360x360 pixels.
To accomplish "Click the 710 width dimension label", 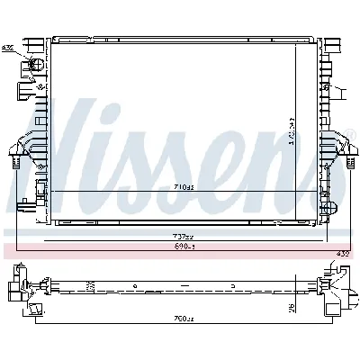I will pyautogui.click(x=183, y=187).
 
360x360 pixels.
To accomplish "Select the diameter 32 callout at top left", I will pyautogui.click(x=8, y=47).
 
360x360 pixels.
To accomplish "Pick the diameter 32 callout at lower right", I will pyautogui.click(x=342, y=254).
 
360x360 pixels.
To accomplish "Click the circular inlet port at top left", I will pyautogui.click(x=35, y=66).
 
